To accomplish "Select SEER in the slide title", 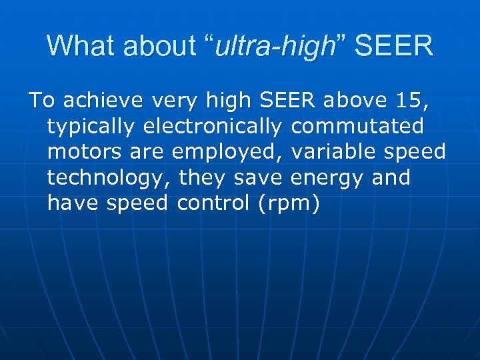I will (x=393, y=46).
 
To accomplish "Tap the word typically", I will (x=91, y=126).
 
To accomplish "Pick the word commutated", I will (x=357, y=126).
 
